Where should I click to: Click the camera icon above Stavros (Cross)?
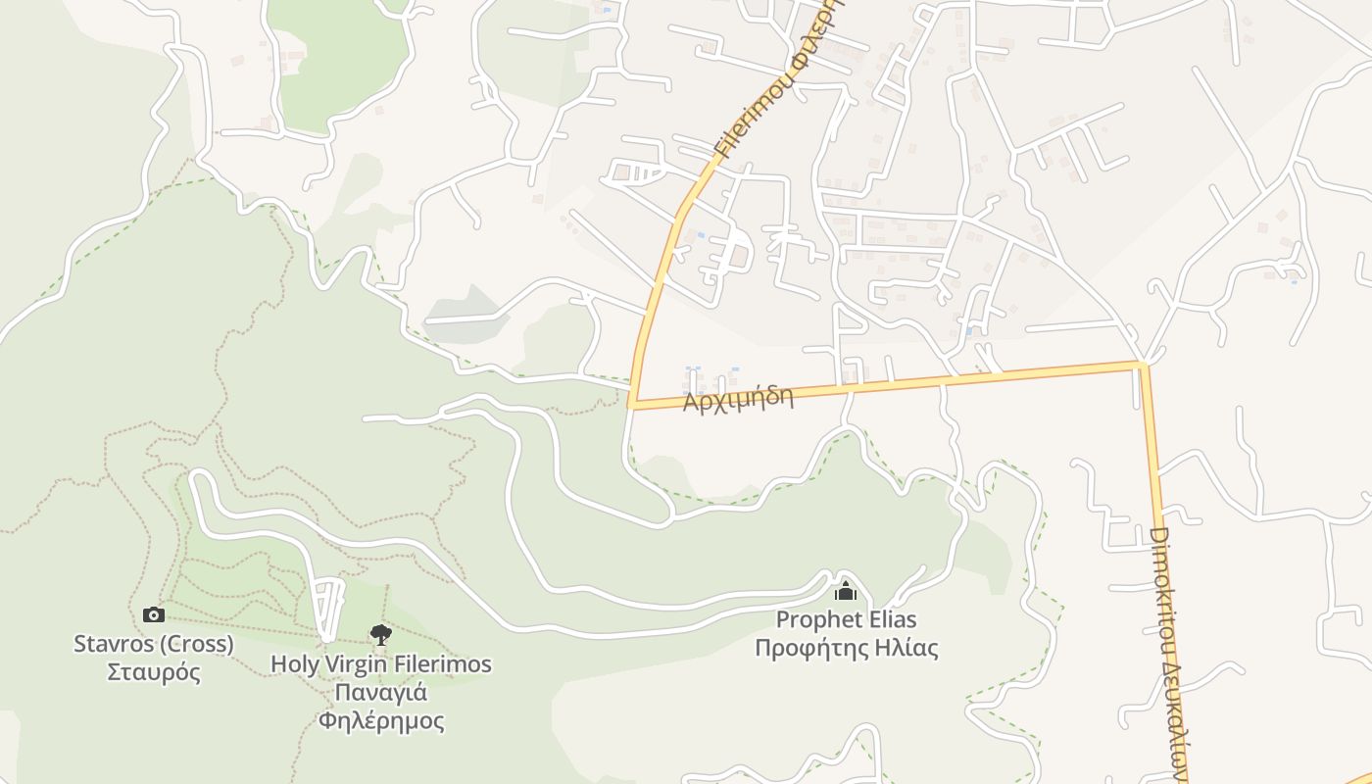[x=153, y=614]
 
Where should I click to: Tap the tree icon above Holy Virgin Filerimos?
[x=380, y=635]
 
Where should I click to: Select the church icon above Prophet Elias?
[x=845, y=591]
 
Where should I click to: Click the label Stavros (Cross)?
[x=154, y=644]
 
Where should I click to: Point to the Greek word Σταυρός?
[x=154, y=673]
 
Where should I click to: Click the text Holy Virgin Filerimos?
[x=381, y=663]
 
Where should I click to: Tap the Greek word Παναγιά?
[x=381, y=693]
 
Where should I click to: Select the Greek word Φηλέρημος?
[x=381, y=722]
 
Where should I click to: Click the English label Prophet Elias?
[x=846, y=619]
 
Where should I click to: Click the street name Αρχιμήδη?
[x=738, y=399]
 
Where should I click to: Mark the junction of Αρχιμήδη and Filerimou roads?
[x=633, y=403]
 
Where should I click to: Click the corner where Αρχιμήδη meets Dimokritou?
[x=1142, y=365]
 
